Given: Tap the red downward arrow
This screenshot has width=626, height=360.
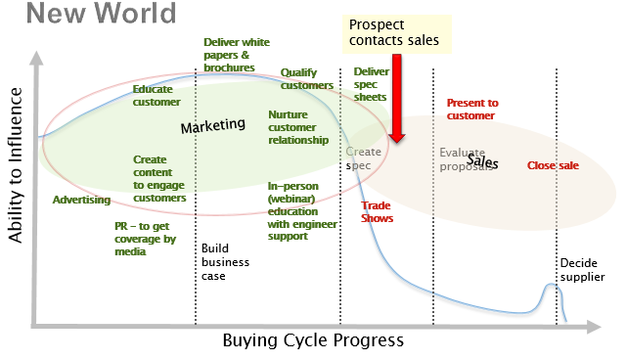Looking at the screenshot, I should click(396, 103).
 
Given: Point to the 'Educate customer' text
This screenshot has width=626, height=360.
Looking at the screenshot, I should click(156, 95).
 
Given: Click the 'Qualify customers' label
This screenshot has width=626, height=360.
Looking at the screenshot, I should click(307, 78).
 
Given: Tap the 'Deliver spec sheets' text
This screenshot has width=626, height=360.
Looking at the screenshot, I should click(371, 84).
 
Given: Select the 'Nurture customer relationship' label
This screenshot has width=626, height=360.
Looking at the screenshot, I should click(298, 127).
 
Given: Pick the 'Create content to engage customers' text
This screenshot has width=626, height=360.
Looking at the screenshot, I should click(159, 178).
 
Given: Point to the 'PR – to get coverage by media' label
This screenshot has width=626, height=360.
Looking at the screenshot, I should click(144, 238).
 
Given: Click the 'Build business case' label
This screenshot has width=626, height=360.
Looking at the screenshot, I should click(226, 262).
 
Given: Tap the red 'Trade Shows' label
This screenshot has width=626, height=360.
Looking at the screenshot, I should click(377, 211).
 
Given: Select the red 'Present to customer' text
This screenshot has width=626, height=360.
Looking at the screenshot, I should click(471, 109).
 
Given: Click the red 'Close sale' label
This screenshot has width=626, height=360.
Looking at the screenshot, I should click(553, 165).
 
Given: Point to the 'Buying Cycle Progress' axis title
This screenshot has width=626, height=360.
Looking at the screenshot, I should click(312, 340).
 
